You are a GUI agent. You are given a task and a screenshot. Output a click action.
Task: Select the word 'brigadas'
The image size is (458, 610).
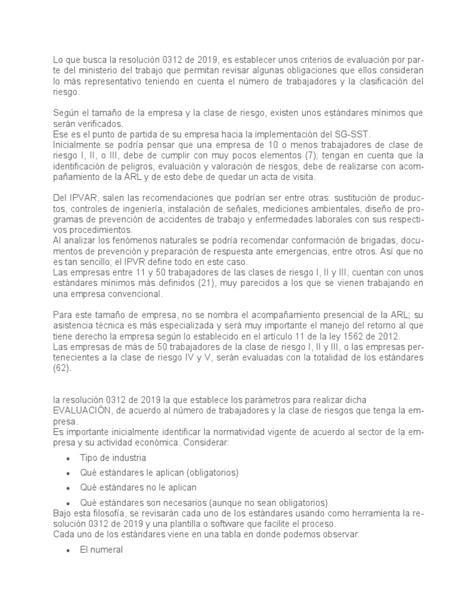click(346, 240)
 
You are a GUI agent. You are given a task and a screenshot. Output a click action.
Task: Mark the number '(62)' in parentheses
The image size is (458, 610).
click(62, 368)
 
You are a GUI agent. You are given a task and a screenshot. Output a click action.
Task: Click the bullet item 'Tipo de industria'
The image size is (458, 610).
click(112, 457)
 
